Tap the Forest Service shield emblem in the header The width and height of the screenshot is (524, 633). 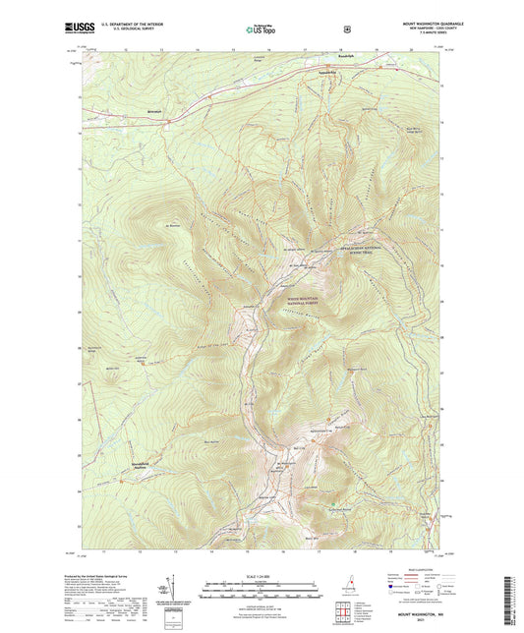(x=345, y=29)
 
